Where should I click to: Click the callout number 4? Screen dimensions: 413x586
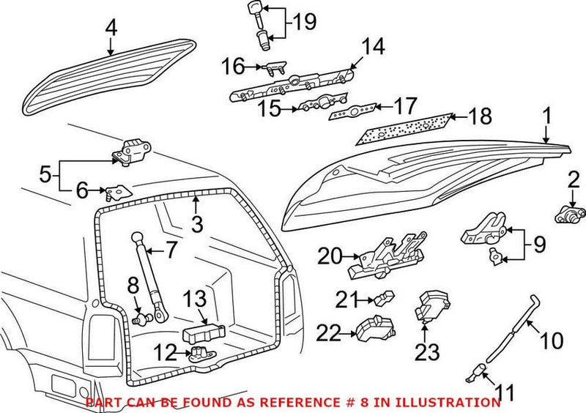pyautogui.click(x=111, y=28)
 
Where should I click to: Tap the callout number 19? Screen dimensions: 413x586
pyautogui.click(x=305, y=22)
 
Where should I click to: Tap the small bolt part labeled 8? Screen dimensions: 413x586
pyautogui.click(x=143, y=319)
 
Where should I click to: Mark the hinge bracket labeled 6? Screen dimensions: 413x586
pyautogui.click(x=114, y=193)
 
